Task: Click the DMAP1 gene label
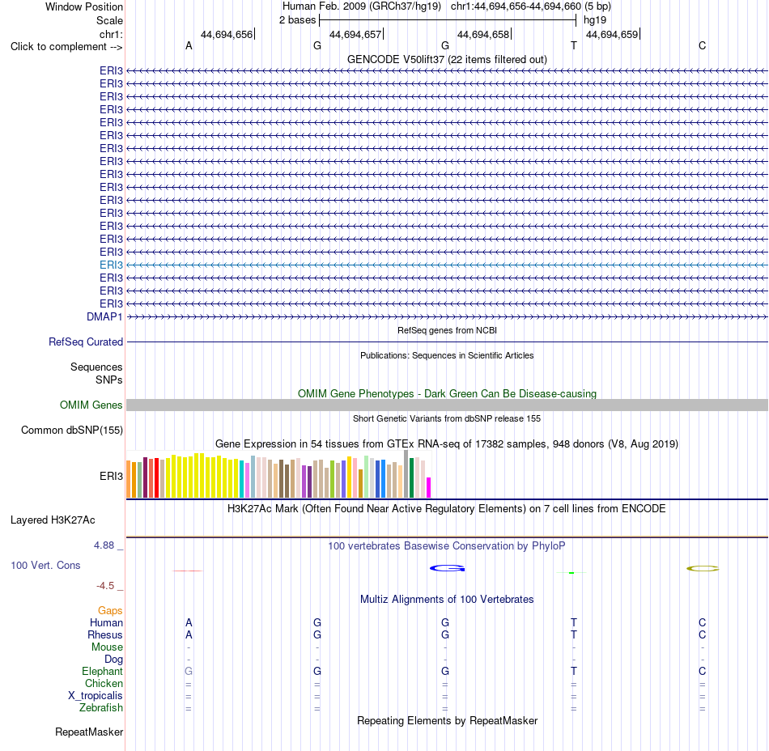pyautogui.click(x=104, y=316)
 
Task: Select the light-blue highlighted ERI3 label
pyautogui.click(x=111, y=265)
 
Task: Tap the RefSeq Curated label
pyautogui.click(x=86, y=342)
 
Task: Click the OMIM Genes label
pyautogui.click(x=91, y=405)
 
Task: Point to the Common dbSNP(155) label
pyautogui.click(x=72, y=430)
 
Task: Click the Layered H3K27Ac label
pyautogui.click(x=53, y=520)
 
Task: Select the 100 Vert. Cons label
pyautogui.click(x=45, y=565)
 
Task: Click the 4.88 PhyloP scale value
pyautogui.click(x=104, y=545)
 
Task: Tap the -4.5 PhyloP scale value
pyautogui.click(x=105, y=586)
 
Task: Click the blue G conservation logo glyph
pyautogui.click(x=448, y=568)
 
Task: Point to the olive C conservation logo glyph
pyautogui.click(x=703, y=569)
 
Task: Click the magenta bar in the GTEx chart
pyautogui.click(x=429, y=487)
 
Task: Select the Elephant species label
pyautogui.click(x=103, y=671)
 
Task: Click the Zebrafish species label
pyautogui.click(x=101, y=707)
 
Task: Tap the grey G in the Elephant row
pyautogui.click(x=189, y=671)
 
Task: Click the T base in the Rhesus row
pyautogui.click(x=574, y=634)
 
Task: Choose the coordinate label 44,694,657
pyautogui.click(x=355, y=34)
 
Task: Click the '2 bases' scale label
pyautogui.click(x=298, y=20)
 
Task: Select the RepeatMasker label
pyautogui.click(x=89, y=732)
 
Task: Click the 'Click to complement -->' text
pyautogui.click(x=66, y=47)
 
